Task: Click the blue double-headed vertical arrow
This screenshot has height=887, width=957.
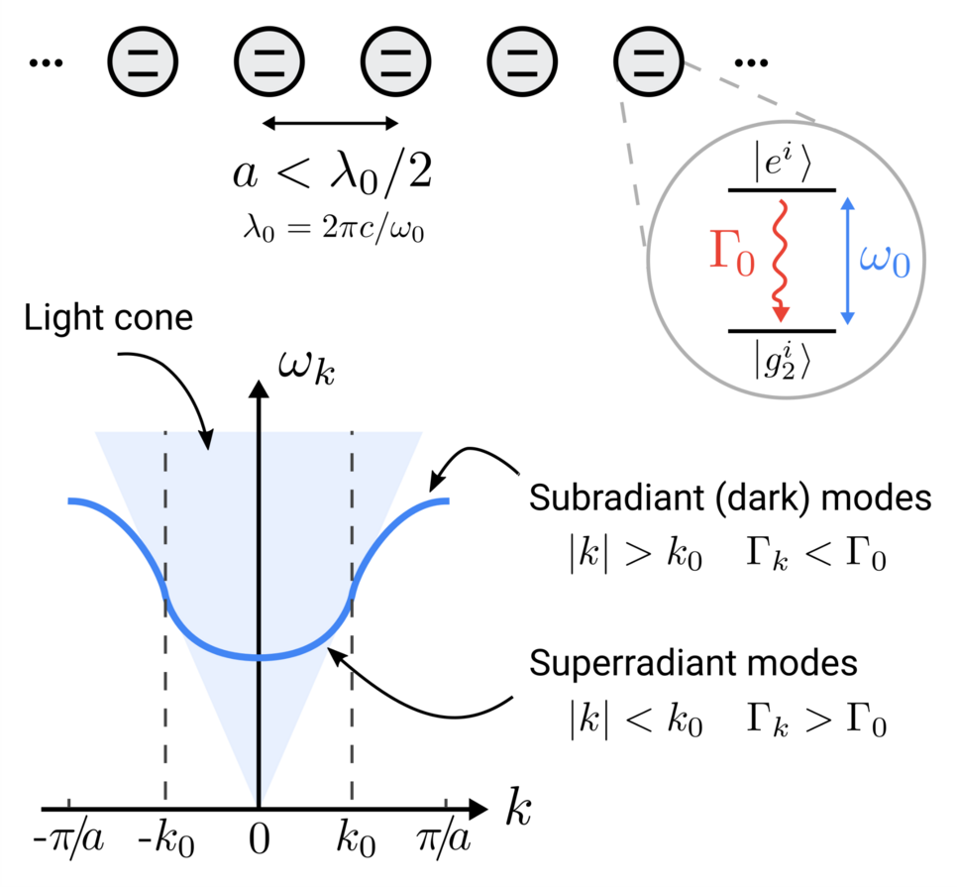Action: point(845,260)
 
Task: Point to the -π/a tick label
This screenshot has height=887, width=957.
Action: point(67,842)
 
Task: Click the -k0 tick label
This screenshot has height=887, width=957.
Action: point(165,843)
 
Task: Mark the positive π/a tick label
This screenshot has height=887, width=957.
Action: point(445,842)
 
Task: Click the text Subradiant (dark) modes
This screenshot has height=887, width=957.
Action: point(730,498)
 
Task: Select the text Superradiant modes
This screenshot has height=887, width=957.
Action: point(693,661)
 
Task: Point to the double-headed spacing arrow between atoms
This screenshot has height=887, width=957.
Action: point(330,123)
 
